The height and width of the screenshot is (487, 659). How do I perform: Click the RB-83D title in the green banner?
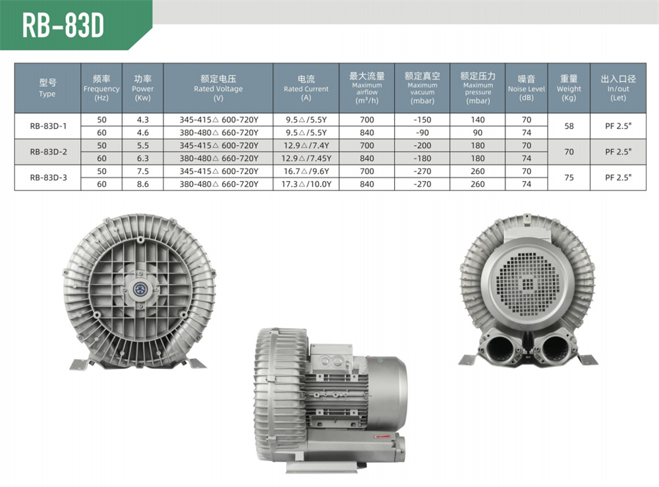coord(63,25)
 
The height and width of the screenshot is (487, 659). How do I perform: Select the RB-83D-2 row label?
coord(48,152)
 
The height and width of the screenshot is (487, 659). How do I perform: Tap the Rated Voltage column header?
coord(218,88)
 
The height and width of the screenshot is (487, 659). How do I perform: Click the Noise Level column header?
coord(526,88)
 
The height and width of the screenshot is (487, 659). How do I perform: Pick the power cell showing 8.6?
coord(143,184)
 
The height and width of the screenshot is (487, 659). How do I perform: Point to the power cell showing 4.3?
coord(143,120)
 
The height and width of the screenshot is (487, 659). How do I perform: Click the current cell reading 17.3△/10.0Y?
coord(306,184)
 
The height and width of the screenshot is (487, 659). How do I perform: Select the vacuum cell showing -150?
coord(422,120)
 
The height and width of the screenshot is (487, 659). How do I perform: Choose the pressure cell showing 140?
coord(477,120)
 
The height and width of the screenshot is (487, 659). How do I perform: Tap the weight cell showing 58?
coord(569,126)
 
